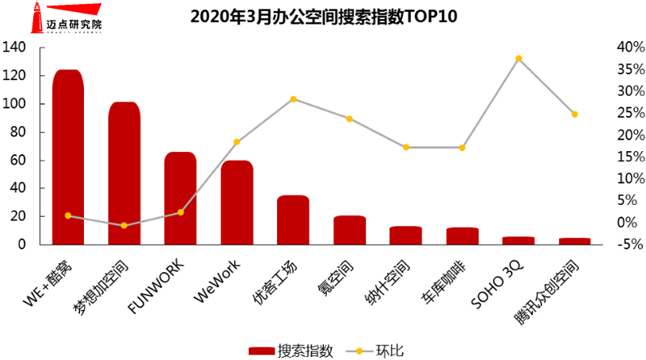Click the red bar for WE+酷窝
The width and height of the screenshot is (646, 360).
point(68,157)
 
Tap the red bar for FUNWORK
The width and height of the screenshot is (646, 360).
point(180,199)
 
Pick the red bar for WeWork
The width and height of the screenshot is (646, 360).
point(237,203)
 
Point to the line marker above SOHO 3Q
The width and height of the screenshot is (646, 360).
point(518,58)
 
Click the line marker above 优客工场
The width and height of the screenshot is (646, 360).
point(293,98)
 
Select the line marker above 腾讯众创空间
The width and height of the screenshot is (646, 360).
point(575,114)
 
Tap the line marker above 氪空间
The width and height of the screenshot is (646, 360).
point(350,119)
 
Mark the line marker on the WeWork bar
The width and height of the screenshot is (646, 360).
point(237,142)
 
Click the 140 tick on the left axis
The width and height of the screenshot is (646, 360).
point(19,48)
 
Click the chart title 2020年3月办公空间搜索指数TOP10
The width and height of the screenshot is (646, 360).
point(323,16)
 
